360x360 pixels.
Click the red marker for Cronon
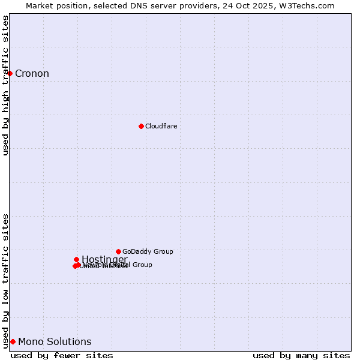tap(10, 73)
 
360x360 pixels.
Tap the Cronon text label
tap(32, 74)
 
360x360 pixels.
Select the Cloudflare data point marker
tap(141, 126)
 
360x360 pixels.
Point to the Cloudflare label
tap(161, 126)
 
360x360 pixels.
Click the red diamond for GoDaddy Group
tap(118, 251)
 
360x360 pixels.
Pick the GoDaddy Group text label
tap(148, 251)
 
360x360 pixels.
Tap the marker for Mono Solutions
tap(13, 341)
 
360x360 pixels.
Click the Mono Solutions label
tap(55, 342)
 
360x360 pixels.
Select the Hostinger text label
tap(104, 259)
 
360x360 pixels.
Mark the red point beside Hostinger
tap(76, 259)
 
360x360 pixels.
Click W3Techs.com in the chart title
tap(310, 5)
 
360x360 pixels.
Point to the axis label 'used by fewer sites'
tap(62, 355)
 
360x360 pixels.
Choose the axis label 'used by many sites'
tap(301, 355)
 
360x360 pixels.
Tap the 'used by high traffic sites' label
tap(5, 85)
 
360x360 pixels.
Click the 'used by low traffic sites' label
tap(5, 280)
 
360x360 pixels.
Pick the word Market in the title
tap(41, 5)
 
